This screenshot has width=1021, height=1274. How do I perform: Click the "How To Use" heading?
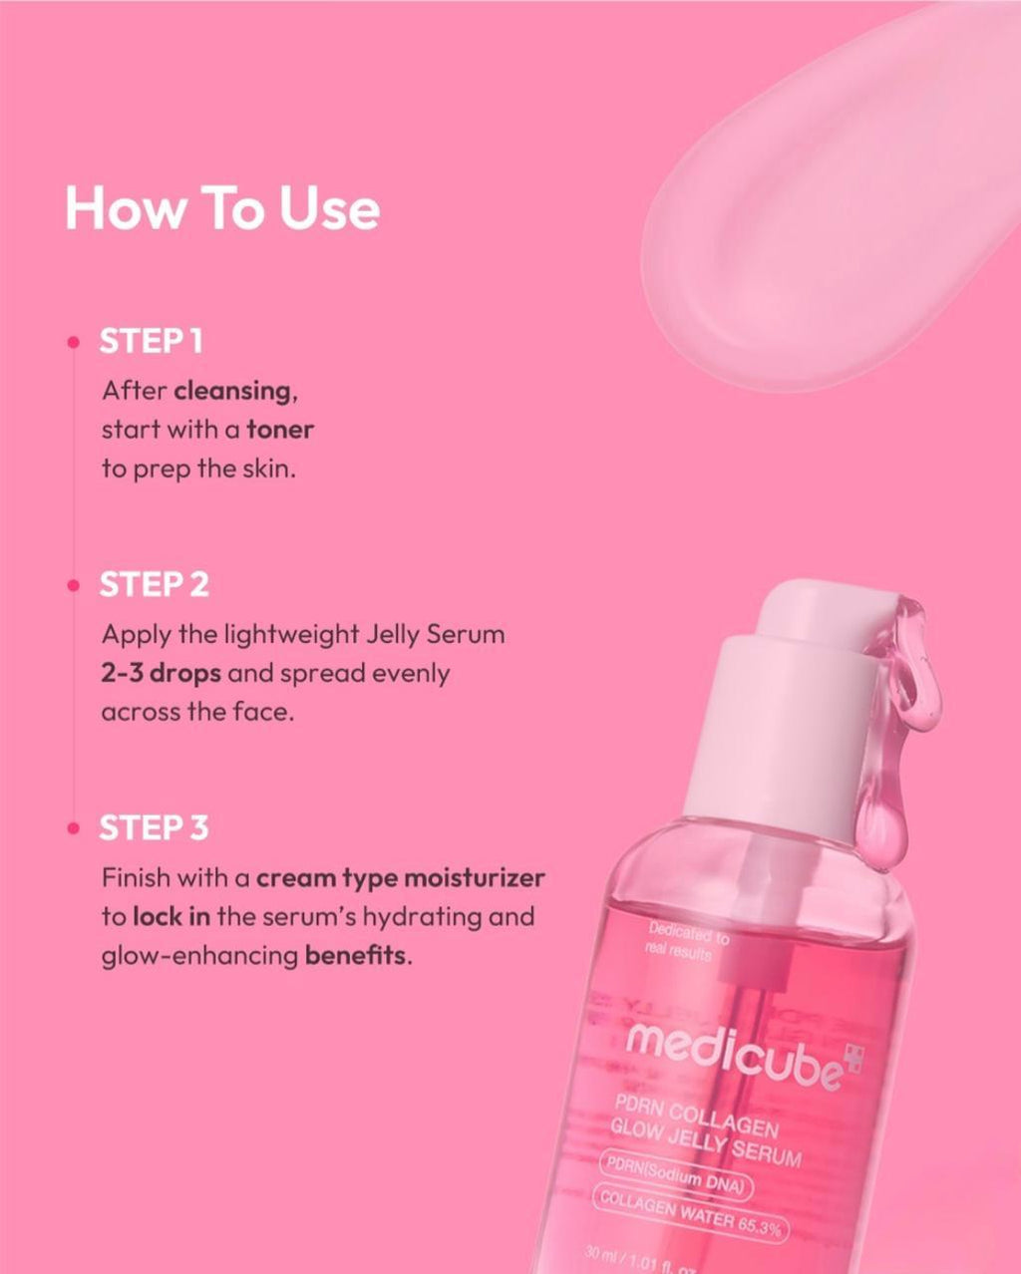pyautogui.click(x=221, y=208)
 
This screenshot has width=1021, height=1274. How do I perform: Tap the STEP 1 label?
pyautogui.click(x=151, y=341)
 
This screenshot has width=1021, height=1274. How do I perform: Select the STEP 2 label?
pyautogui.click(x=154, y=585)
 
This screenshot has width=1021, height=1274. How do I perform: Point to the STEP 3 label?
pyautogui.click(x=154, y=828)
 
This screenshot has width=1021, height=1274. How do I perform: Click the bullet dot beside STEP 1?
pyautogui.click(x=73, y=342)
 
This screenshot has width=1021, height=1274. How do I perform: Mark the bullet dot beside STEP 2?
pyautogui.click(x=73, y=586)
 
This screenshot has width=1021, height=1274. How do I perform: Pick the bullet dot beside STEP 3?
pyautogui.click(x=73, y=829)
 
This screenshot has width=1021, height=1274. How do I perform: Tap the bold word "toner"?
pyautogui.click(x=280, y=430)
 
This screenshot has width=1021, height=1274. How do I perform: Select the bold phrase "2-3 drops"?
pyautogui.click(x=161, y=673)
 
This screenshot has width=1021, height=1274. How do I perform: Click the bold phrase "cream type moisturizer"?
pyautogui.click(x=400, y=878)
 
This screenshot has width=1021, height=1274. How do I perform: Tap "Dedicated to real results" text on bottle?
pyautogui.click(x=686, y=942)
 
